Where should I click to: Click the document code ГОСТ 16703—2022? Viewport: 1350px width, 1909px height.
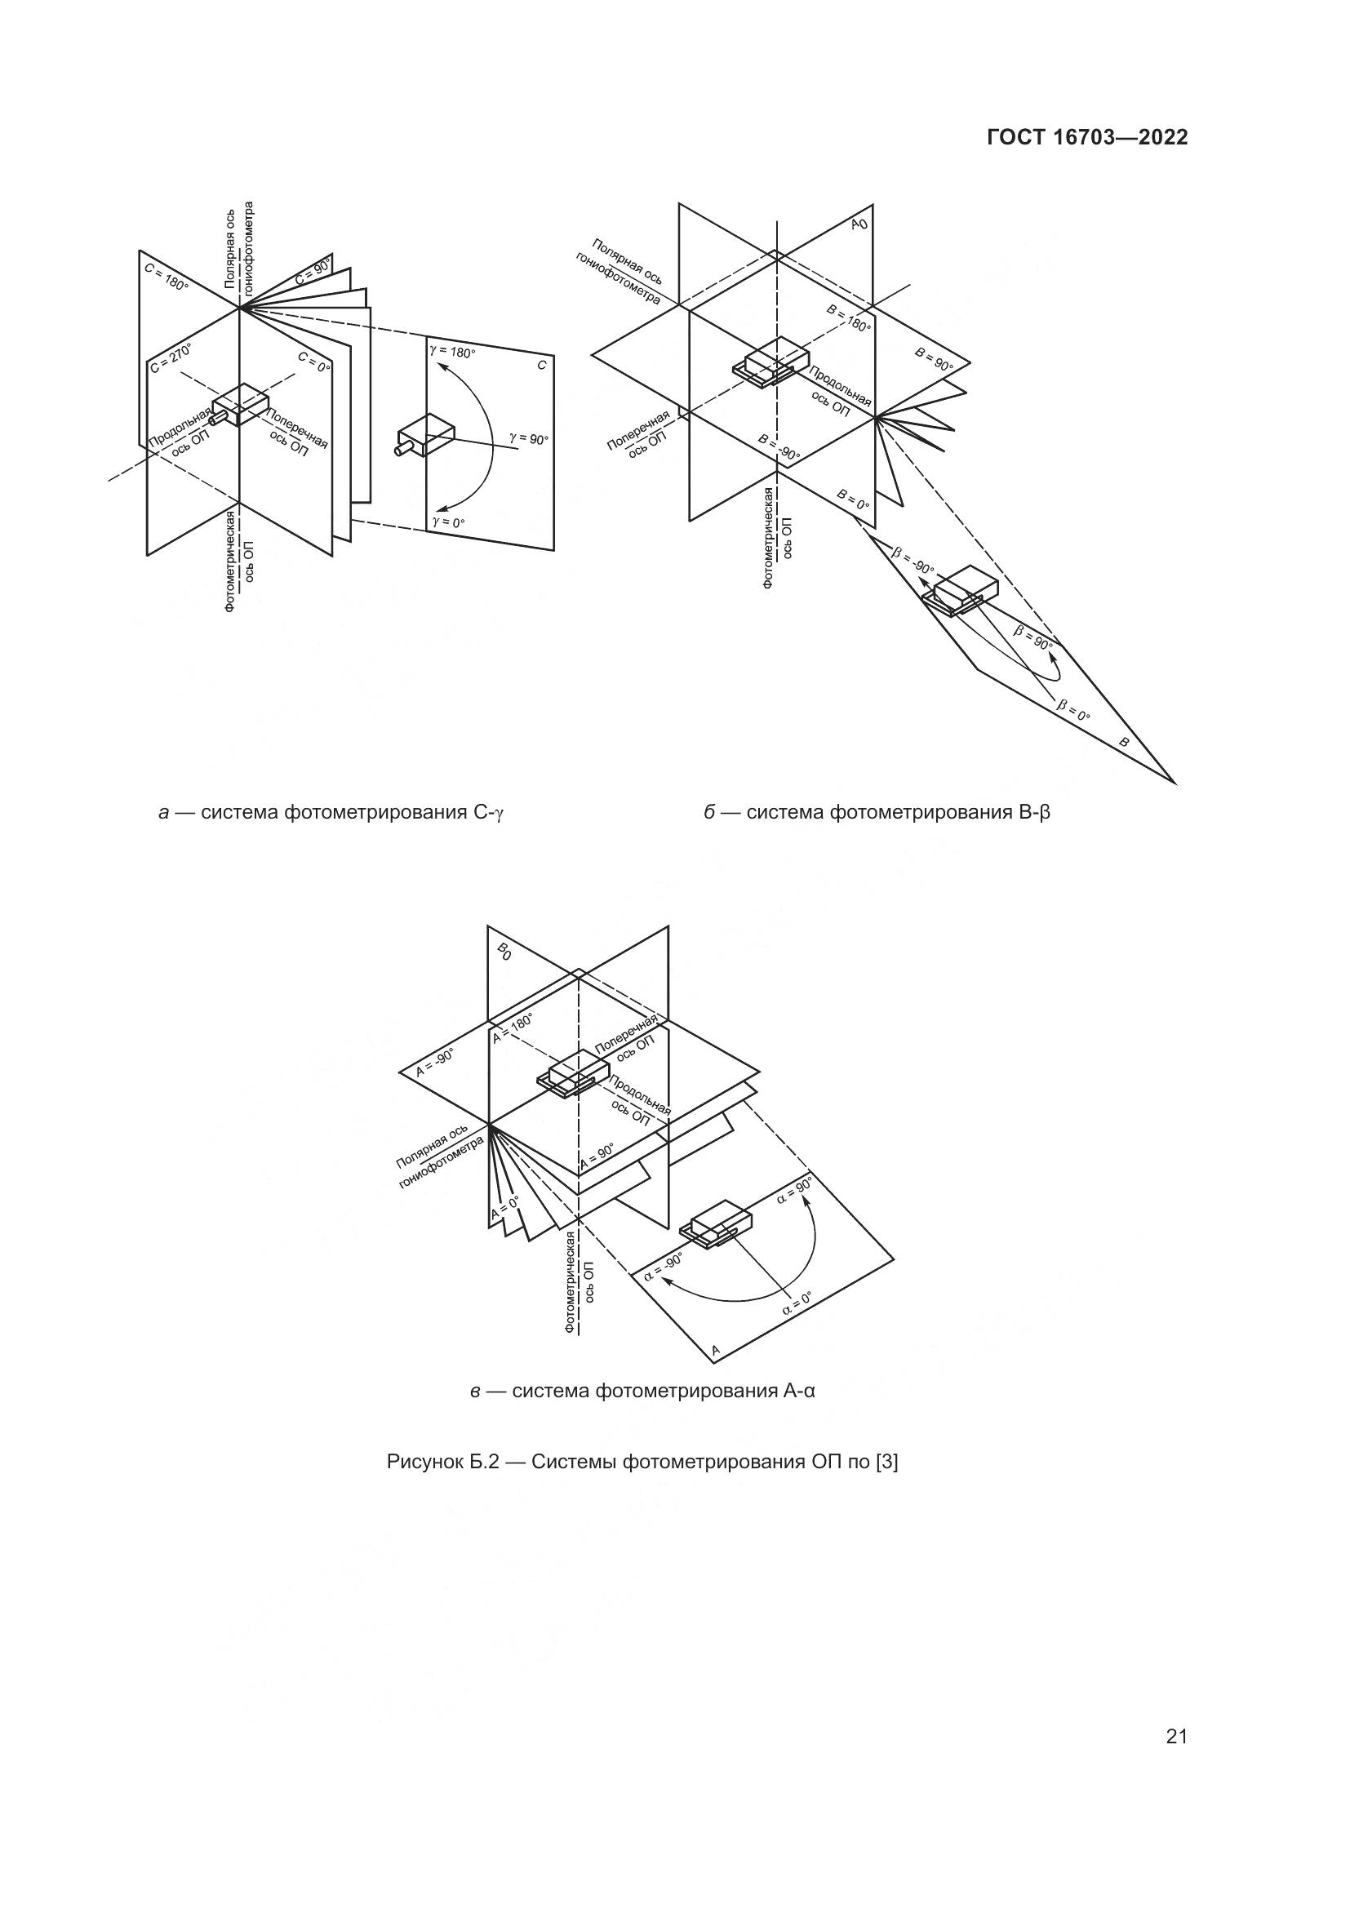pos(1086,138)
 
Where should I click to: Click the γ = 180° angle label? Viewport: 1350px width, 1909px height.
pos(453,351)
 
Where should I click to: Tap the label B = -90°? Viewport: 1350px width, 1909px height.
pos(779,446)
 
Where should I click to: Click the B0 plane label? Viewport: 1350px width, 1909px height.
pos(504,951)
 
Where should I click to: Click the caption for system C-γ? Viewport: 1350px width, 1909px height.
pos(331,812)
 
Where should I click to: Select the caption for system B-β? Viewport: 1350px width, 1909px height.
pos(877,812)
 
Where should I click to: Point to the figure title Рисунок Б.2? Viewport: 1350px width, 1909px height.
pos(642,1461)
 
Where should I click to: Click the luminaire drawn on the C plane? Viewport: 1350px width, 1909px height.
pos(425,437)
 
